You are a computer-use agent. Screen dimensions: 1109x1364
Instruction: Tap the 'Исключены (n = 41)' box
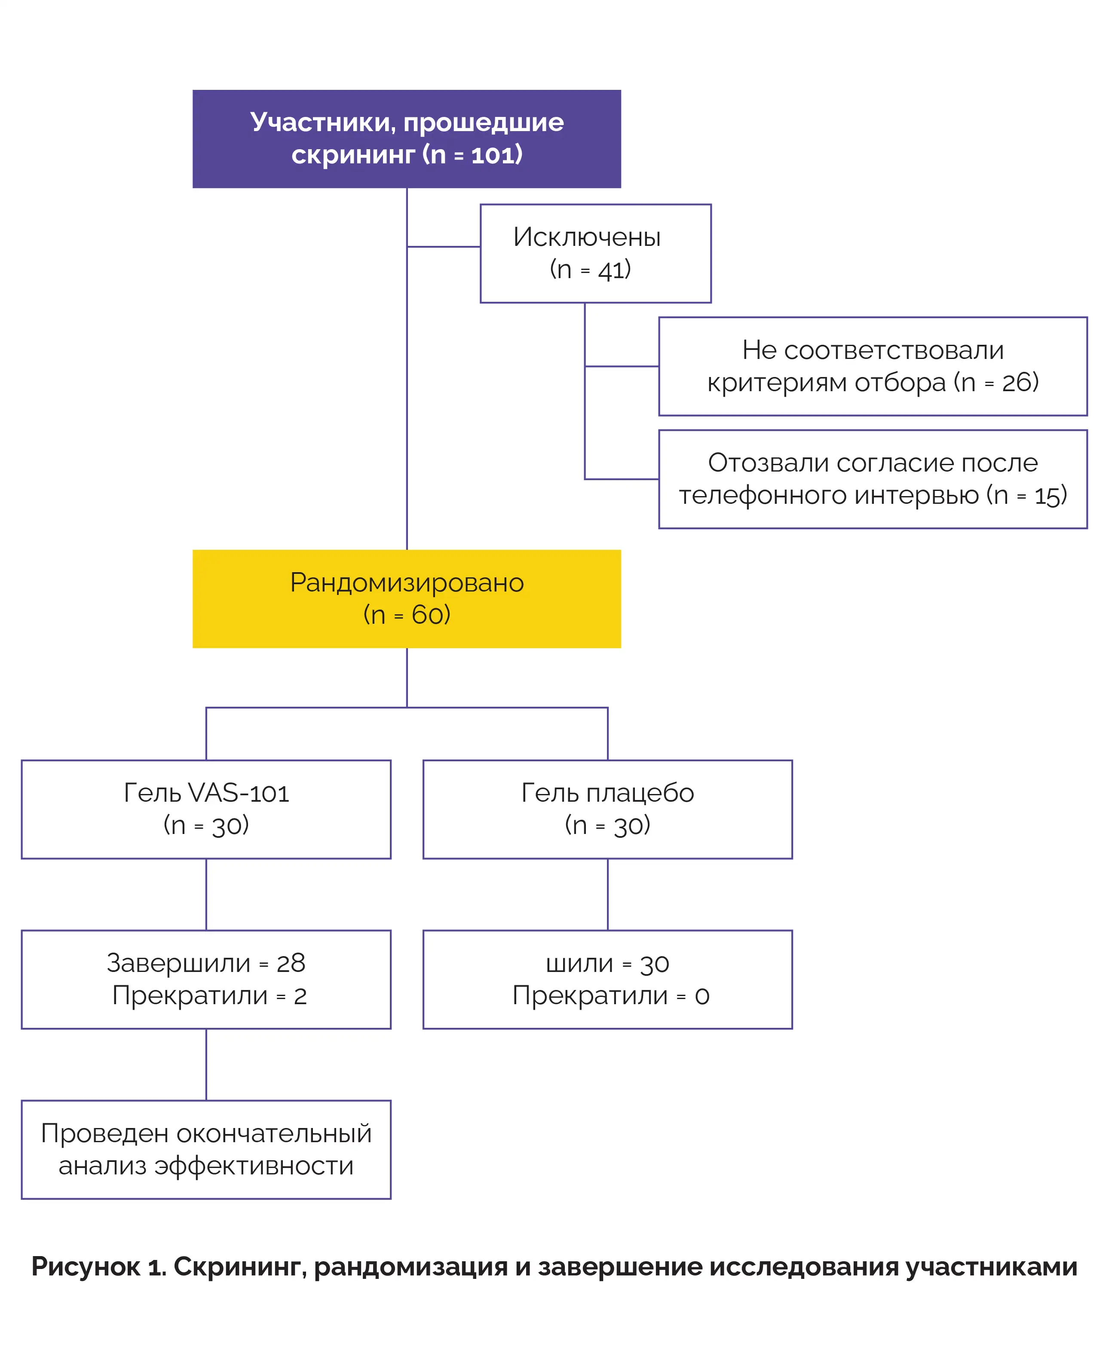coord(595,253)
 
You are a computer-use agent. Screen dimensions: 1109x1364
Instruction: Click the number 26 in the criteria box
coord(1015,382)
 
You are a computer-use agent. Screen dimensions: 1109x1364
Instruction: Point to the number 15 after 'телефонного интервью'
coord(1048,495)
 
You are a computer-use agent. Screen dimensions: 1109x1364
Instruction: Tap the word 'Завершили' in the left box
coord(178,963)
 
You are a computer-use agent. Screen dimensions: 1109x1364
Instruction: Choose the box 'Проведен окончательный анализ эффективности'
coord(206,1149)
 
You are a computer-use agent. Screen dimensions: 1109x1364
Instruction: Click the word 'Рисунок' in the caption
coord(86,1267)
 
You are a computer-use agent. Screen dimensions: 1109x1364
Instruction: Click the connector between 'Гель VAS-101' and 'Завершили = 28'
coord(206,895)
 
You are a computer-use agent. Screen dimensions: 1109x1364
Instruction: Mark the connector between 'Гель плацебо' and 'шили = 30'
coord(607,895)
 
